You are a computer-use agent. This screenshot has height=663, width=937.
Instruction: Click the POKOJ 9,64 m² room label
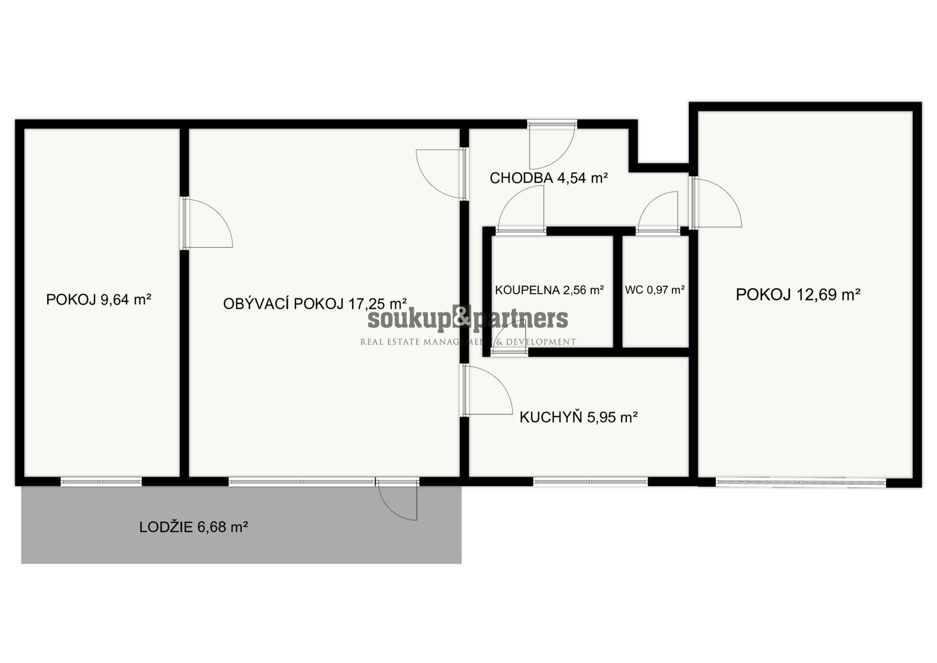99,299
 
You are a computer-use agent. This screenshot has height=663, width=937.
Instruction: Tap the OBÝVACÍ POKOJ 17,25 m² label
315,304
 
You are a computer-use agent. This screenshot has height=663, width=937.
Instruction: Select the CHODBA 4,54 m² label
549,178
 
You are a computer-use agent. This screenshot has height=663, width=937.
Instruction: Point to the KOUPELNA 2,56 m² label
550,290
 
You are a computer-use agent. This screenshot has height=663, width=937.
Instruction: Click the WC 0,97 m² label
655,290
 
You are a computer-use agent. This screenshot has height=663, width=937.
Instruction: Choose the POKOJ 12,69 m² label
798,294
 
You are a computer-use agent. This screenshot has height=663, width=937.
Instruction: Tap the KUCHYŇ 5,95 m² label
578,417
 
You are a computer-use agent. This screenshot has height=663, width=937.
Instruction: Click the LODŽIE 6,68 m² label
194,527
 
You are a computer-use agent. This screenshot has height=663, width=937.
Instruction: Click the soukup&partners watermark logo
468,319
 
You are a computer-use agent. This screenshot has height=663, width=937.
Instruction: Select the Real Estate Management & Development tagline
468,342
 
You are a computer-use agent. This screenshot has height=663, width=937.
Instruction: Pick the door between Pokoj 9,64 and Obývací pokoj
206,223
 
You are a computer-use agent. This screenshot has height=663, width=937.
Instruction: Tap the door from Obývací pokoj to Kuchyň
487,390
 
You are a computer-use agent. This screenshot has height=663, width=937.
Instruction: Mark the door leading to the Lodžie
397,500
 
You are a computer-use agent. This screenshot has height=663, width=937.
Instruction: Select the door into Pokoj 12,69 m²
716,202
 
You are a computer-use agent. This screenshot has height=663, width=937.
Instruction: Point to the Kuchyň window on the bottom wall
591,482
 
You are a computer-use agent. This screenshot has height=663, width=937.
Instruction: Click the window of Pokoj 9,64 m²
101,482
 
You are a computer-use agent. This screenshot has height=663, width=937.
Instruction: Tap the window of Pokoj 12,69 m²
801,482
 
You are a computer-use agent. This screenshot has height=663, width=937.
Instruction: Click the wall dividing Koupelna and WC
617,292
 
